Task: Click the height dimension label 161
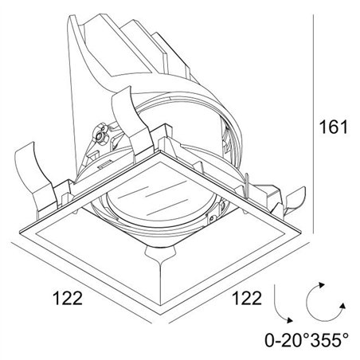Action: pyautogui.click(x=333, y=127)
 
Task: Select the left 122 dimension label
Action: pyautogui.click(x=68, y=298)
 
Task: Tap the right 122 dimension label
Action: pyautogui.click(x=247, y=298)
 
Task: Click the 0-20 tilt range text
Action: pyautogui.click(x=288, y=340)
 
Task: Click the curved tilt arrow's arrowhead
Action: pyautogui.click(x=289, y=320)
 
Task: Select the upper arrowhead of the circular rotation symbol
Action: pyautogui.click(x=322, y=285)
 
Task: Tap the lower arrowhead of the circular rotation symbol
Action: pyautogui.click(x=342, y=306)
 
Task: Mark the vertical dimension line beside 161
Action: pyautogui.click(x=314, y=124)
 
